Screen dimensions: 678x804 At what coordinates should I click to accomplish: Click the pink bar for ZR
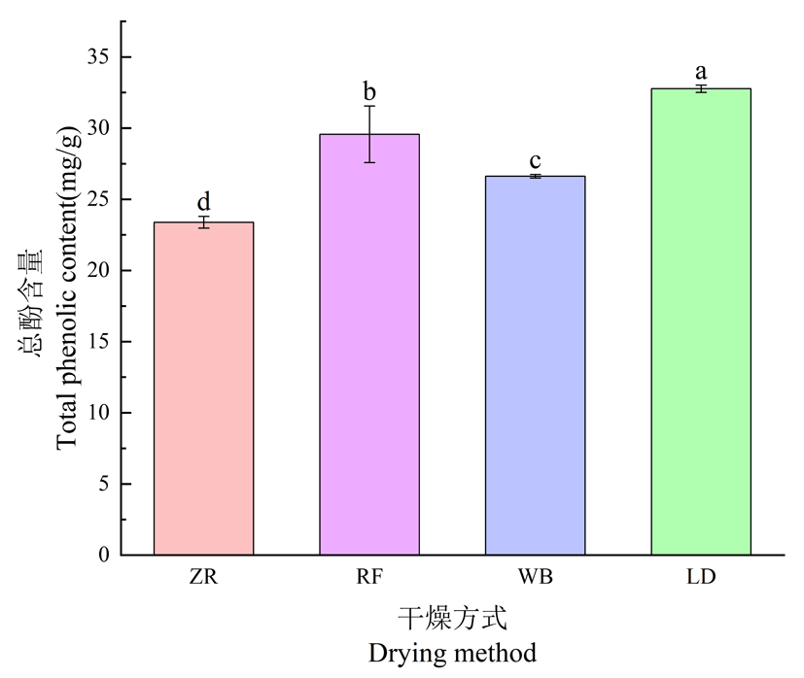(x=204, y=389)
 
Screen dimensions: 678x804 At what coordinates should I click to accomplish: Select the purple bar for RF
(x=369, y=345)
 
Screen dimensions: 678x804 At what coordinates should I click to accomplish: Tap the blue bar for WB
(x=536, y=365)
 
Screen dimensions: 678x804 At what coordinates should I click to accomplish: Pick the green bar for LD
(x=701, y=322)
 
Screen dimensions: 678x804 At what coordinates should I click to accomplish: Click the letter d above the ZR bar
(x=204, y=202)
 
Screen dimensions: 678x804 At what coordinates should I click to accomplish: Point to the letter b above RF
(x=369, y=92)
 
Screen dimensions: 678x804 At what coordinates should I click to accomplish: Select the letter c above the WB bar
(x=536, y=160)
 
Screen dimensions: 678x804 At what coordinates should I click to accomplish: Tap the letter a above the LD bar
(x=701, y=72)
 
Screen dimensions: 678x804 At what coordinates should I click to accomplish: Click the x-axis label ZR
(x=204, y=578)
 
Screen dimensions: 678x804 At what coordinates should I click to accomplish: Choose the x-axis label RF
(x=369, y=578)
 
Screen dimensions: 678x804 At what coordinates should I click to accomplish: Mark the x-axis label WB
(x=536, y=578)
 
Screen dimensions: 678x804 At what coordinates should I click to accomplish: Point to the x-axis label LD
(x=701, y=578)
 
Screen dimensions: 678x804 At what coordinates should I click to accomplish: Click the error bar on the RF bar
(x=369, y=134)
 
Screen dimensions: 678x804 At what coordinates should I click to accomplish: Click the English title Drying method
(x=452, y=652)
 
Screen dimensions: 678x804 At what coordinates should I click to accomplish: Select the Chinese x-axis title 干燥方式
(x=452, y=618)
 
